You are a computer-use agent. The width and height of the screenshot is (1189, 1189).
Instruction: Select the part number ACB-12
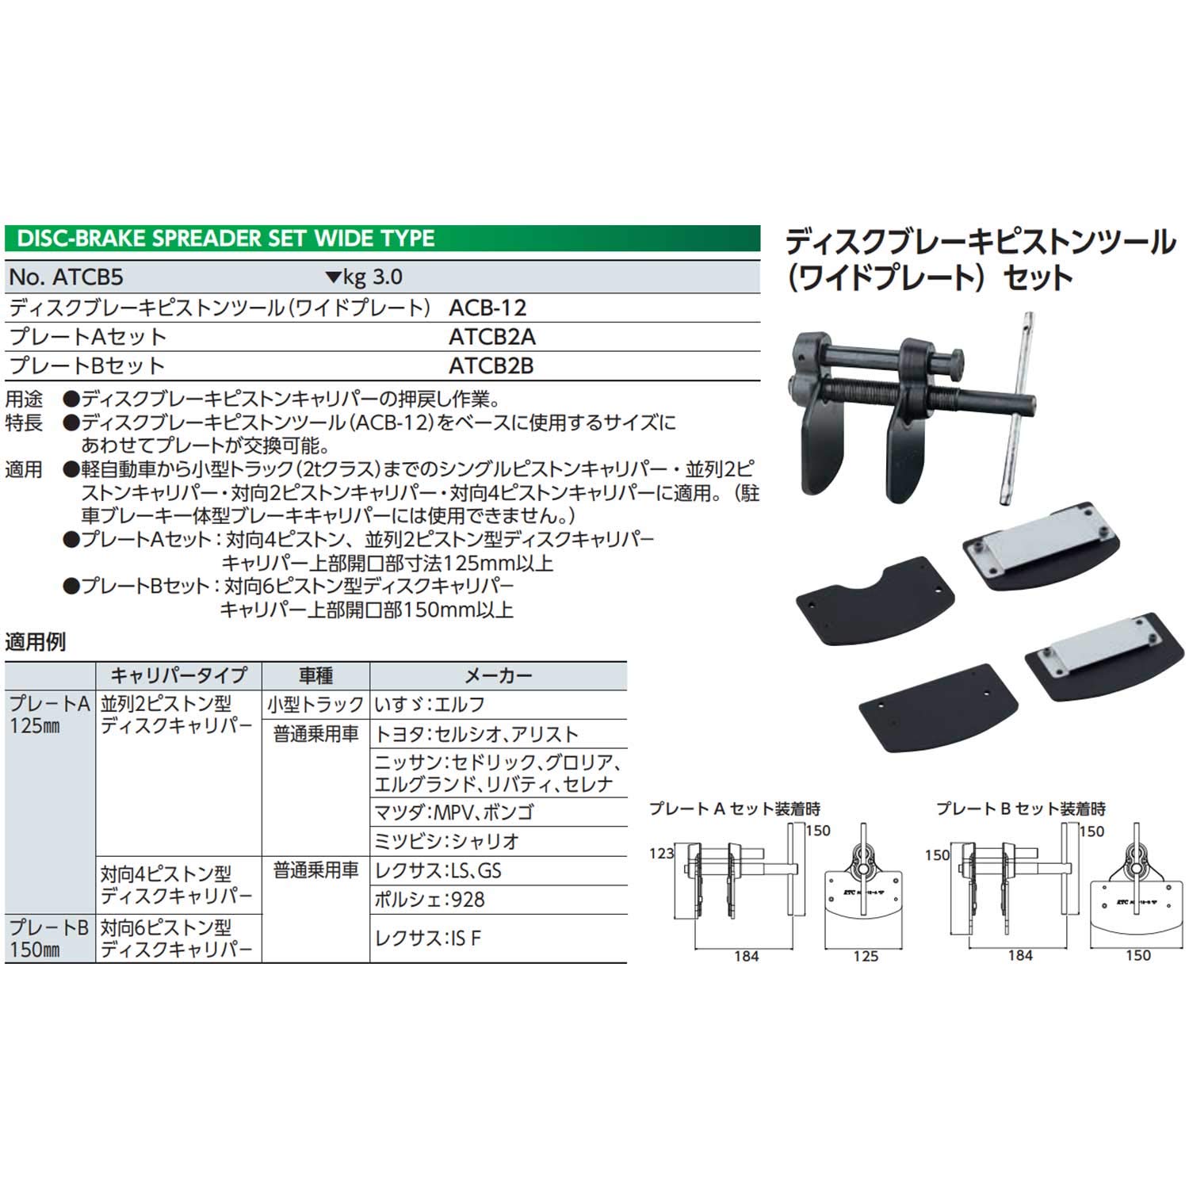pos(487,308)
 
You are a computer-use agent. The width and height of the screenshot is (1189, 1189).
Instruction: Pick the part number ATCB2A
pos(491,337)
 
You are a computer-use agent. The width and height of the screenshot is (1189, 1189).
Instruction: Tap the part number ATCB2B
pos(491,365)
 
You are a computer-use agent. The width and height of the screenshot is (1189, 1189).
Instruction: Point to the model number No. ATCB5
pos(67,277)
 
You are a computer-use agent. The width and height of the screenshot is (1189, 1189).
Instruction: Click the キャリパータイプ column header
pos(178,675)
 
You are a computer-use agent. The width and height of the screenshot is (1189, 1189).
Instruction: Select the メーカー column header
pos(498,675)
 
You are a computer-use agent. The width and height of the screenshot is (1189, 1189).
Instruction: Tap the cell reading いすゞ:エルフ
pos(430,705)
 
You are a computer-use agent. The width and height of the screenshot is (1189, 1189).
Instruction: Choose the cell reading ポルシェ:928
pos(429,900)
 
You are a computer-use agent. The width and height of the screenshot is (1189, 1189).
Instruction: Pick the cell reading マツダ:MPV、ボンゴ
pos(453,812)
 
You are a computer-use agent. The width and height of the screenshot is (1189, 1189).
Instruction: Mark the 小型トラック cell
pos(315,705)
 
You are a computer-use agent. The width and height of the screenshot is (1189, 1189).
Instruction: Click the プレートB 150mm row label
pos(48,938)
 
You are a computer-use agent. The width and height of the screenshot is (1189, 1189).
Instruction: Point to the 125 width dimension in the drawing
pos(866,957)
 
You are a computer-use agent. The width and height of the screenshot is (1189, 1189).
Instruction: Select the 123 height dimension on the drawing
pos(661,853)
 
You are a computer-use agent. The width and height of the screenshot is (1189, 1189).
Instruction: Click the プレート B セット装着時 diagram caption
pos(1020,809)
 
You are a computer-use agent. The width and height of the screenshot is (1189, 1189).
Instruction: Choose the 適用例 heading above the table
pos(36,642)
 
